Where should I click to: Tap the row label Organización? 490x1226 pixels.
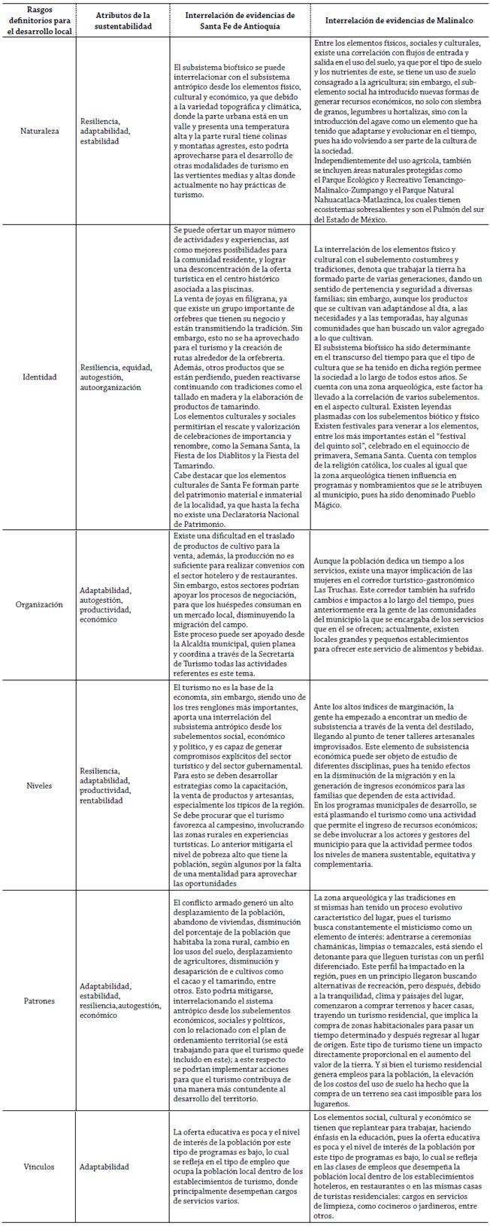39,605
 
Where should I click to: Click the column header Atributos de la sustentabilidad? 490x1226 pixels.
123,20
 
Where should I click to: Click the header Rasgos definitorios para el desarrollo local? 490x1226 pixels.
39,20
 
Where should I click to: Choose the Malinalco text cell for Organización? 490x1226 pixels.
398,605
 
